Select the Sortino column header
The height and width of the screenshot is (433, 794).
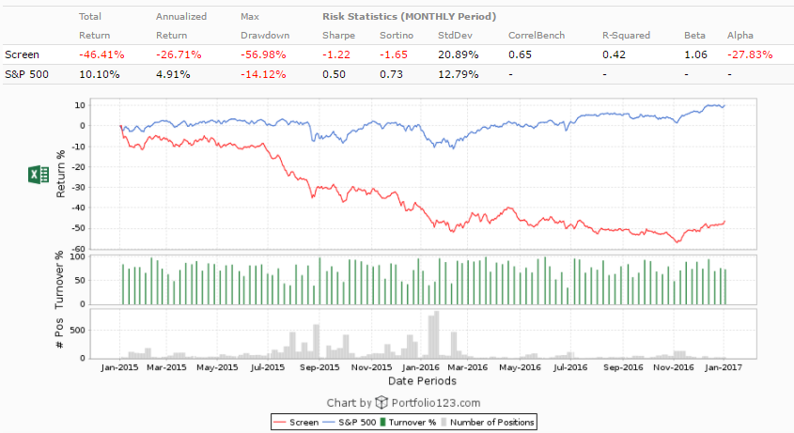397,35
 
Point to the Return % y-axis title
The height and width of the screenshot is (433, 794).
63,175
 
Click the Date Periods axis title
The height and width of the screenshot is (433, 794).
422,381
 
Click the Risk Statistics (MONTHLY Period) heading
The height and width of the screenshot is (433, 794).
409,17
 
